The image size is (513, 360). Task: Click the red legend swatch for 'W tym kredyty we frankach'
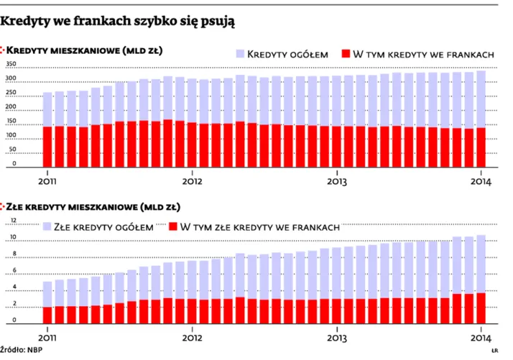coord(345,54)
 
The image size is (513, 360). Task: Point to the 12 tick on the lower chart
coord(11,221)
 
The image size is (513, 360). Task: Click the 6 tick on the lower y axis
coord(11,272)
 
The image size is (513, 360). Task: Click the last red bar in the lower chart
coord(481,308)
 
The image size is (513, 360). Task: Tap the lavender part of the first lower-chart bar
coord(48,294)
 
